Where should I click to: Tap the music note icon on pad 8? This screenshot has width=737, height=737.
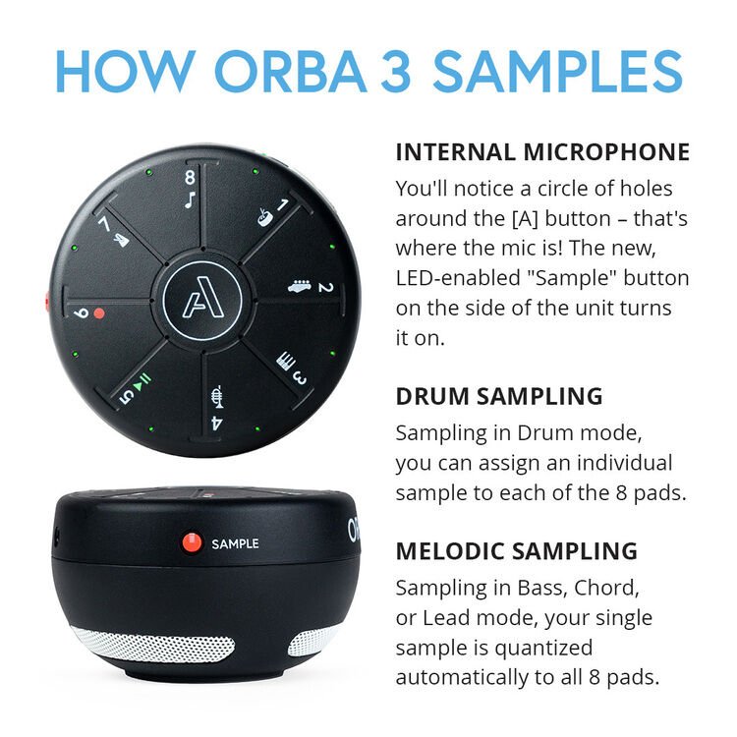190,197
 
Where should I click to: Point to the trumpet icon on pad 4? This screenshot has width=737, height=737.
217,398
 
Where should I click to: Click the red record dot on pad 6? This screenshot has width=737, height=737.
98,313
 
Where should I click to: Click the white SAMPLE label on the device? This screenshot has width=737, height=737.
235,543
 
